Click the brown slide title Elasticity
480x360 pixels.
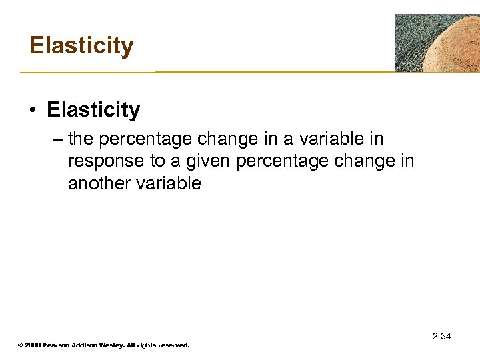pyautogui.click(x=81, y=46)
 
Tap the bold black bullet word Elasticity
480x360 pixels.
pyautogui.click(x=93, y=110)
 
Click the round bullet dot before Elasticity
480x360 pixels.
pyautogui.click(x=33, y=111)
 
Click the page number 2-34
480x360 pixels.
pyautogui.click(x=441, y=336)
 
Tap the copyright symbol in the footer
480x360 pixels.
pyautogui.click(x=20, y=345)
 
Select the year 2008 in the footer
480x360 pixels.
pyautogui.click(x=33, y=345)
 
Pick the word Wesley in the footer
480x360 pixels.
pyautogui.click(x=115, y=345)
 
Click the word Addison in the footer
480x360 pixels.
pyautogui.click(x=87, y=345)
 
